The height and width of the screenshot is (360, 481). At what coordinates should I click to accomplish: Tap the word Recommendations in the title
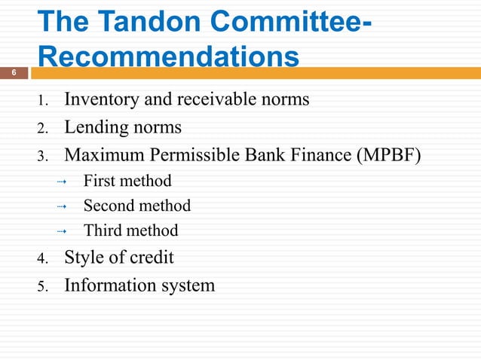tap(167, 57)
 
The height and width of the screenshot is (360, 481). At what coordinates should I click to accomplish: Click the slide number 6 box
tap(14, 73)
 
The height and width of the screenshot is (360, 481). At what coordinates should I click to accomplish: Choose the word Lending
tap(94, 127)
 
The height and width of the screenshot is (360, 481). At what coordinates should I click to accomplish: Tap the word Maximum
tap(102, 155)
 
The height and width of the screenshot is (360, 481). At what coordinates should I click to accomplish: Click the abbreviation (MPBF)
tap(384, 155)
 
